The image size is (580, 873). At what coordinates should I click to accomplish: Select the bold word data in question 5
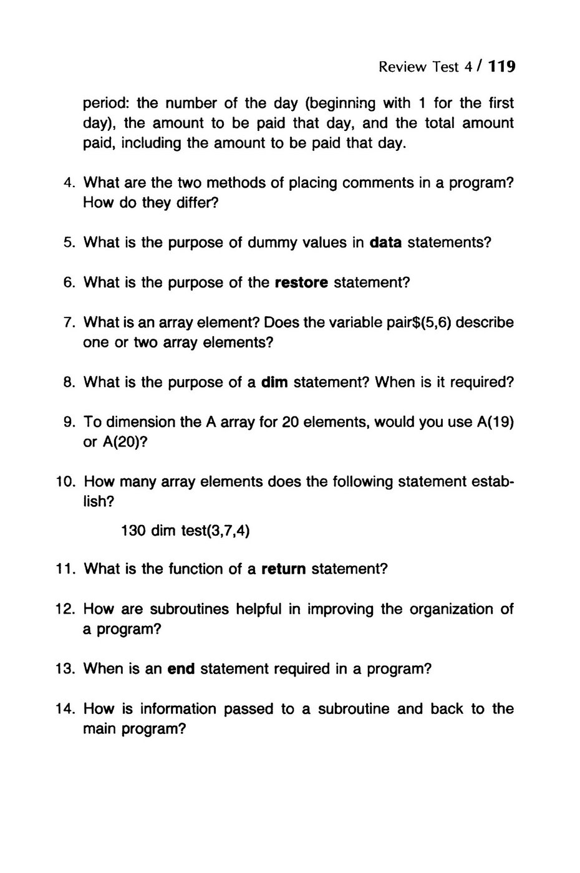coord(385,243)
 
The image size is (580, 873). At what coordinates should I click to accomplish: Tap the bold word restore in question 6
coord(301,282)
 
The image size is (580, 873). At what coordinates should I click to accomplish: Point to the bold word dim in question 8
coord(274,382)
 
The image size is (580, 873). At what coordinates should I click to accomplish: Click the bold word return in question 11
coord(283,569)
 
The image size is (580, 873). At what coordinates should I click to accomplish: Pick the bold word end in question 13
coord(182,669)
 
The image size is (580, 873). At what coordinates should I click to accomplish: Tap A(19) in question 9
coord(495,422)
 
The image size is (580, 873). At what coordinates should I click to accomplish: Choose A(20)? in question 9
coord(126,442)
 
